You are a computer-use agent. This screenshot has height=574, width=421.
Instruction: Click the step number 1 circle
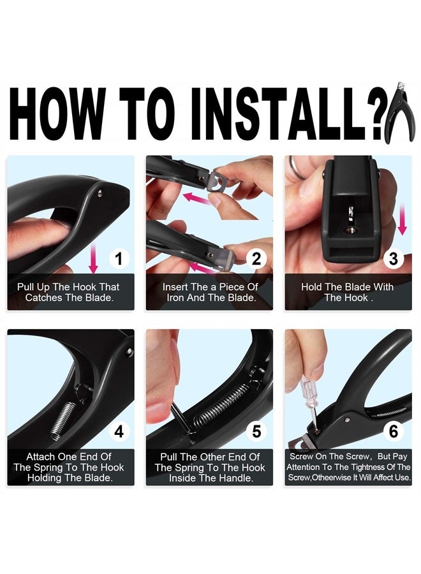click(119, 259)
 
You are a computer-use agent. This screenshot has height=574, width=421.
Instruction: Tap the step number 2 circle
click(256, 259)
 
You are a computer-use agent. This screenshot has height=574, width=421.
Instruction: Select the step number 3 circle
click(394, 259)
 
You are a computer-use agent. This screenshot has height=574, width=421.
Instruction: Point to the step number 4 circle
click(119, 432)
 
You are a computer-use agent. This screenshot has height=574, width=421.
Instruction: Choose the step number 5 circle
click(256, 432)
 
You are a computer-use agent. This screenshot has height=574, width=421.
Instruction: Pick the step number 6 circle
click(394, 432)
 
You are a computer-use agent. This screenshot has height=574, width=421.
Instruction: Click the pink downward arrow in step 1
click(93, 258)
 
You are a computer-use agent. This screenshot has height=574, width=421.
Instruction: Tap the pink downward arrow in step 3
click(403, 219)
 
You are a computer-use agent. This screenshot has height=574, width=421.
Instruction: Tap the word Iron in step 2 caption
click(175, 298)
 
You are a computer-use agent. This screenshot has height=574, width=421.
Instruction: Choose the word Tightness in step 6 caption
click(363, 467)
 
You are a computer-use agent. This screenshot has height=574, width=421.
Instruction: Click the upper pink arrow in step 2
click(198, 199)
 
